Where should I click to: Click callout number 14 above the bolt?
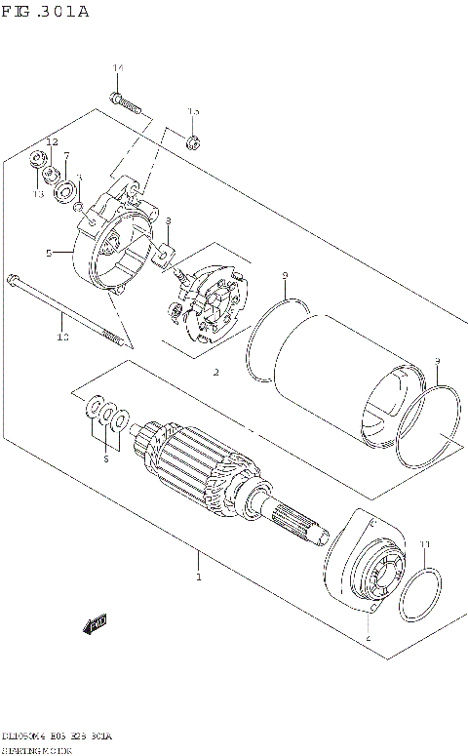tap(118, 67)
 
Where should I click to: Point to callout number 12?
tap(53, 142)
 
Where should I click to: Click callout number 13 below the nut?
tap(39, 194)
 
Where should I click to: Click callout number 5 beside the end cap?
tap(48, 253)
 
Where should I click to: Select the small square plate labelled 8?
tap(166, 257)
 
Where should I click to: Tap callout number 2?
tap(215, 372)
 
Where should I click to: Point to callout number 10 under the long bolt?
tap(62, 338)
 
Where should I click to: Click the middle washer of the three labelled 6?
tap(108, 417)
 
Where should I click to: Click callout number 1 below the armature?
tap(198, 577)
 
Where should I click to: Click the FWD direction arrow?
tap(95, 623)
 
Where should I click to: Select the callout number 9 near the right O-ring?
tap(437, 361)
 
